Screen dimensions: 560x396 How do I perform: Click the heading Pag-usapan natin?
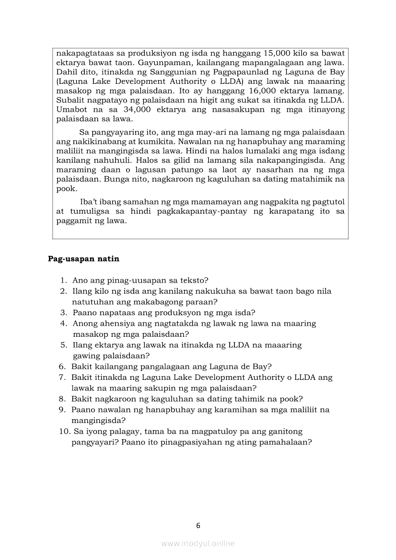pos(83,259)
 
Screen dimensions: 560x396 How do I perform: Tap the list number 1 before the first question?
pos(63,280)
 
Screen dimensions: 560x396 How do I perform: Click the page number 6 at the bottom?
pos(198,526)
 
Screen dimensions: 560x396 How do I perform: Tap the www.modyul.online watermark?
pos(198,543)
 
